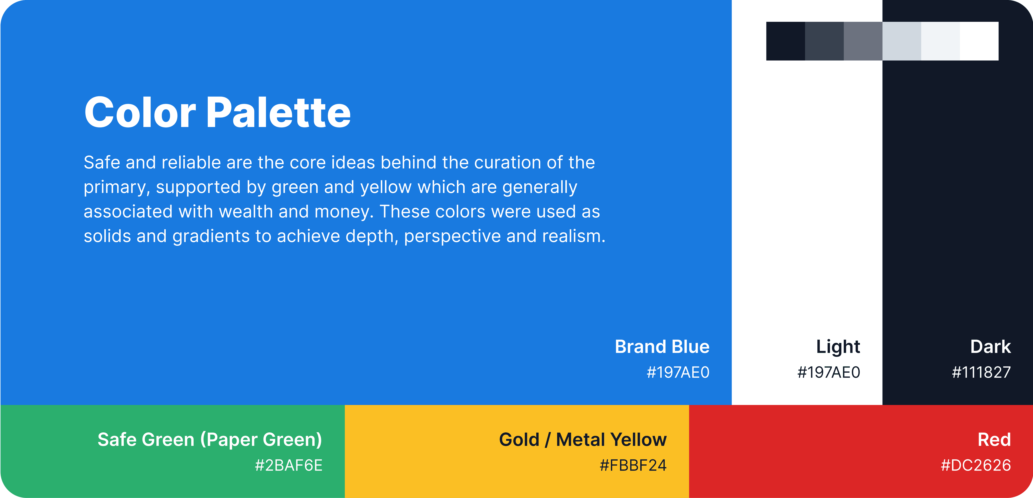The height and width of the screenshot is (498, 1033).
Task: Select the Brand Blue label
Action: [662, 346]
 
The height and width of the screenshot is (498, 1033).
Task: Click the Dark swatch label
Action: [990, 346]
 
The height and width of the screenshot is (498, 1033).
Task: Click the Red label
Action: [994, 439]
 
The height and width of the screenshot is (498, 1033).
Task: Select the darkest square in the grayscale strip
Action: [786, 41]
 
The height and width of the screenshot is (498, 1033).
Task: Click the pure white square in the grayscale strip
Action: [979, 41]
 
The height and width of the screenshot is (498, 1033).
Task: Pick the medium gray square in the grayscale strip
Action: [863, 41]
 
